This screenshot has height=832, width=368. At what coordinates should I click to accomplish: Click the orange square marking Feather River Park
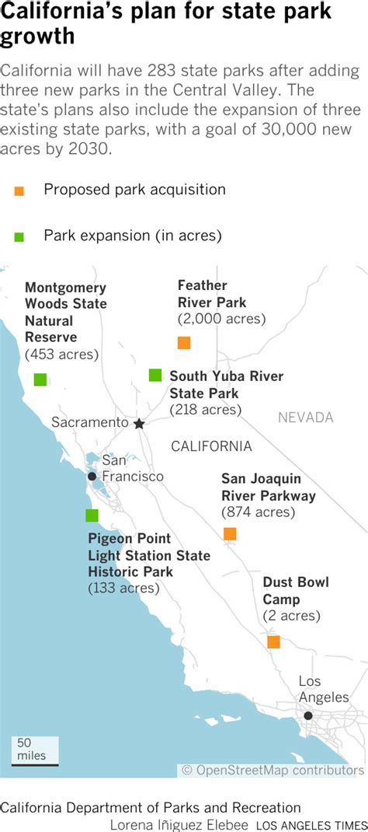click(x=184, y=343)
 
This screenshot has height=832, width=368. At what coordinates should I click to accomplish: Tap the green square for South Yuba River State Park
click(x=155, y=376)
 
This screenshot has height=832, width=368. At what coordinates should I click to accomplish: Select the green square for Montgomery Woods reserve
click(x=40, y=379)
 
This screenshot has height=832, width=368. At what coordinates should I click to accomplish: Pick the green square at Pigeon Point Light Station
click(x=92, y=516)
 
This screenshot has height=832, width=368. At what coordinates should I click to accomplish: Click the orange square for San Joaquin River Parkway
click(x=230, y=533)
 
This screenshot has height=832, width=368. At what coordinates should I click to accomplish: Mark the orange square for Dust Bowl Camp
click(x=273, y=642)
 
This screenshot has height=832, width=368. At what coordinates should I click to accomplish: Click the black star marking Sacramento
click(x=139, y=424)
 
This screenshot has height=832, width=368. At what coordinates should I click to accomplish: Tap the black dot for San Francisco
click(x=92, y=477)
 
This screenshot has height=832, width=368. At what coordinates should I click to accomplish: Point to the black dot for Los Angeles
click(x=308, y=715)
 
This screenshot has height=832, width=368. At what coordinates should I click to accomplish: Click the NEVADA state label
click(x=306, y=418)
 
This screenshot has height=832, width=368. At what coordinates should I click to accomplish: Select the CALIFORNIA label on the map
click(x=211, y=446)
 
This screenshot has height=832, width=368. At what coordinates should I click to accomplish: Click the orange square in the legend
click(x=19, y=191)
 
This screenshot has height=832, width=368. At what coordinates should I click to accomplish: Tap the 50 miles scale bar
click(x=34, y=764)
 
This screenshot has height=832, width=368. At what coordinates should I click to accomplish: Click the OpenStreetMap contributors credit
click(x=273, y=770)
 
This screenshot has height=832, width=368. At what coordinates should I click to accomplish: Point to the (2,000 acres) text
click(x=221, y=319)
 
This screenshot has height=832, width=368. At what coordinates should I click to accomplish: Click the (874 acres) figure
click(x=258, y=512)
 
